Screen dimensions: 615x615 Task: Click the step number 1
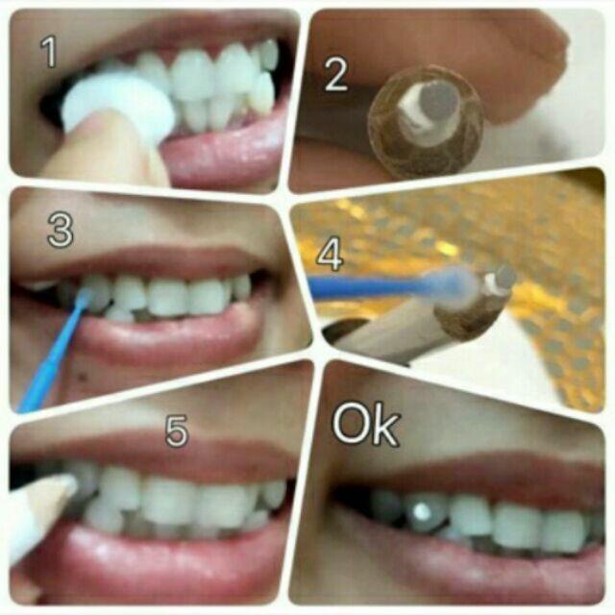click(x=49, y=51)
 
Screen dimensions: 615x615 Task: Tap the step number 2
click(x=335, y=75)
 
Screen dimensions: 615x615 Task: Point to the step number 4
click(x=330, y=255)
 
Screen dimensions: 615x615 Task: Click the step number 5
click(x=177, y=430)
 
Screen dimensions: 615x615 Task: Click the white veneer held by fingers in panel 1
click(x=117, y=103)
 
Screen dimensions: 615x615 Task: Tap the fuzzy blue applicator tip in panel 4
click(x=451, y=283)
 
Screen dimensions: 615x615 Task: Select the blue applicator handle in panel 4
click(x=368, y=286)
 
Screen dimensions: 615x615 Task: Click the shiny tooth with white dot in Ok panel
click(x=425, y=512)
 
